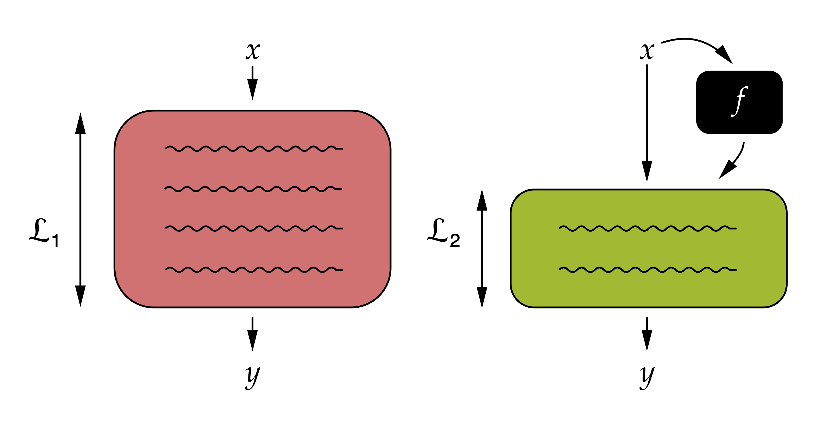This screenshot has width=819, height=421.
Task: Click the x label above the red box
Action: click(253, 51)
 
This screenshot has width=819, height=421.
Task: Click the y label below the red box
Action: click(253, 377)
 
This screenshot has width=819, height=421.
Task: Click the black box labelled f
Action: click(739, 102)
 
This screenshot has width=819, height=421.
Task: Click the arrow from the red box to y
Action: click(252, 334)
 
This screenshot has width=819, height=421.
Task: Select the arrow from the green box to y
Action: click(647, 334)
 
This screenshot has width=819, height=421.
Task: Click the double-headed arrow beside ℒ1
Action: click(80, 209)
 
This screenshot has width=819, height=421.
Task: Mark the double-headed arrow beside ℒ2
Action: click(482, 248)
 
